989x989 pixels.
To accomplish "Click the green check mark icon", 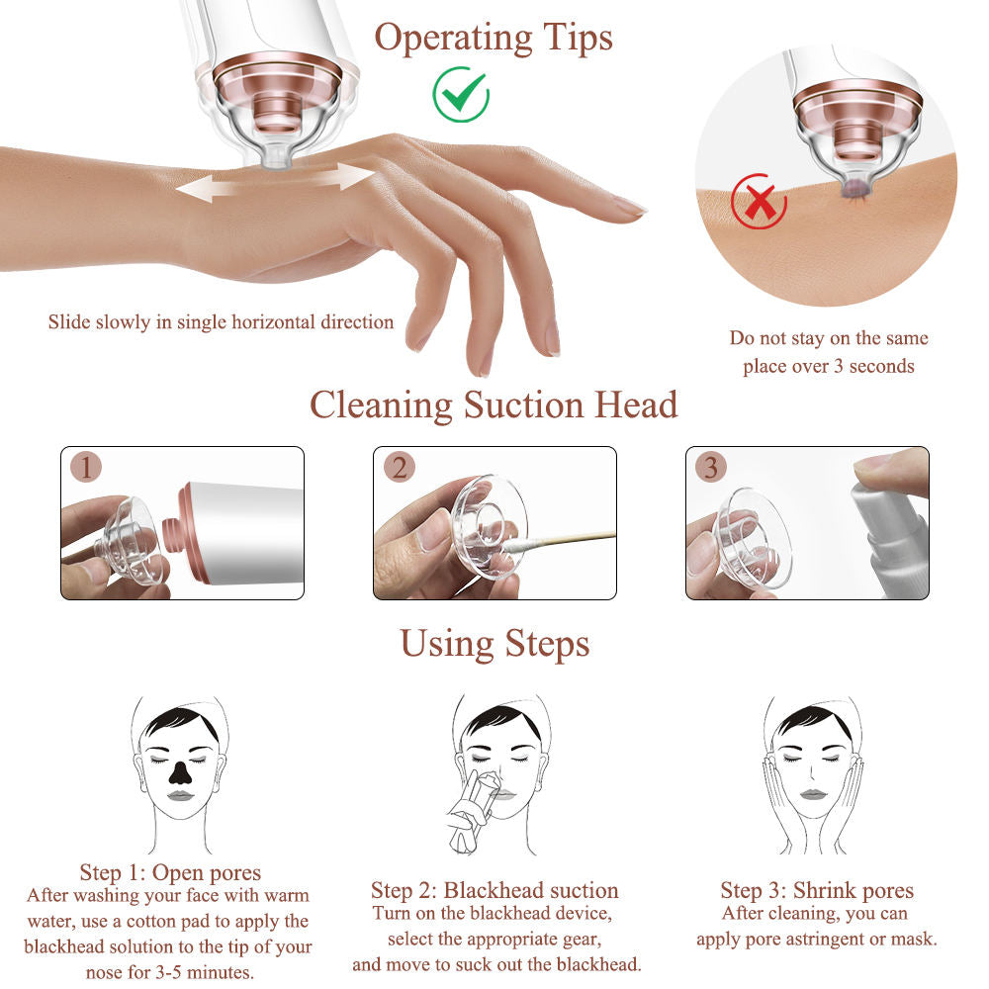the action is point(461,95).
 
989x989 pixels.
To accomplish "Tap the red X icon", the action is point(759,201).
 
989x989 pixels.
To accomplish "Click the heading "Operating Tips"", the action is point(494,38).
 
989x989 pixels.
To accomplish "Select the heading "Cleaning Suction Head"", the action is point(494,405).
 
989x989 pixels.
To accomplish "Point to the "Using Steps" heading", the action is point(494,645).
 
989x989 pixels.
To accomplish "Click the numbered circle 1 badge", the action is point(86,467).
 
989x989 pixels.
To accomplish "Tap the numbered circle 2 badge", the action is point(400,467).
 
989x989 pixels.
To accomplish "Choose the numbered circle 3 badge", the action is point(711,467).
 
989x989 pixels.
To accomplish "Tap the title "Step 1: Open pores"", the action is point(170,872).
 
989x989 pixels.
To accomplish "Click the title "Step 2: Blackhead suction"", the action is point(494,890).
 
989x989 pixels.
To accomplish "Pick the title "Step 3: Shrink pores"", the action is point(817,890).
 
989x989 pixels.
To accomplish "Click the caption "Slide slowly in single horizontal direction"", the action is point(221,321).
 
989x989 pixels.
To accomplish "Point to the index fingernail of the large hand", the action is point(629,206).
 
